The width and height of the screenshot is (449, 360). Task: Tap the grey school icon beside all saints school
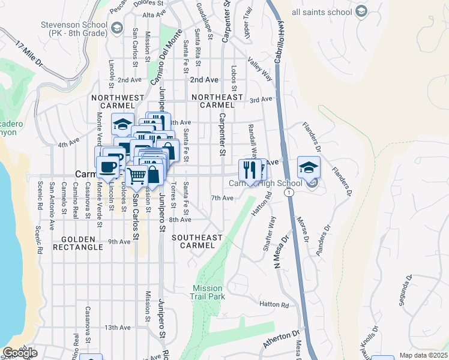tap(361, 11)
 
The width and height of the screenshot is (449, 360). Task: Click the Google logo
tap(19, 353)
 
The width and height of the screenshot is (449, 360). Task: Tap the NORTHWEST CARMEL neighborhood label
tap(118, 101)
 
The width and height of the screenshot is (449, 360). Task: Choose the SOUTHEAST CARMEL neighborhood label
tap(197, 241)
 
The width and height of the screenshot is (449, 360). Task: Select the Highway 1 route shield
tap(289, 193)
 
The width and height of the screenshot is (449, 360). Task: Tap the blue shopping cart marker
tap(137, 176)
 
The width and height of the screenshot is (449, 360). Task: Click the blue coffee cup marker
tap(108, 167)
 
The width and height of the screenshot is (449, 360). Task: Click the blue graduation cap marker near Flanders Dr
tap(309, 167)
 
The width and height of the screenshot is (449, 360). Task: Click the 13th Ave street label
tap(117, 328)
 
